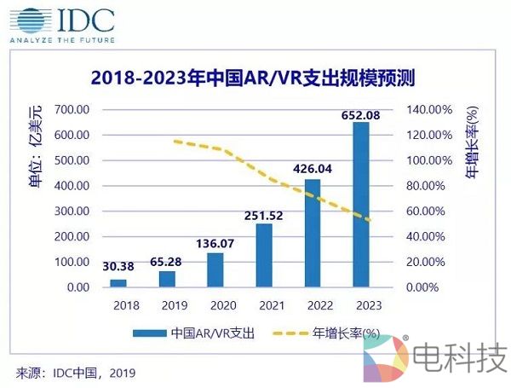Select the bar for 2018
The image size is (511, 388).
pos(118,283)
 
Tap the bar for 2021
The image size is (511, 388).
pos(264,255)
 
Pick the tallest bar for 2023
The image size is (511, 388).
pos(361,205)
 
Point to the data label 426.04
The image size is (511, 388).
pos(313,170)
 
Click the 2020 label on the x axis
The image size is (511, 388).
pos(215,304)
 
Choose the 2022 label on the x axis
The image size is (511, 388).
pos(313,304)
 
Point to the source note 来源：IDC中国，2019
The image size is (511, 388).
pos(76,373)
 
